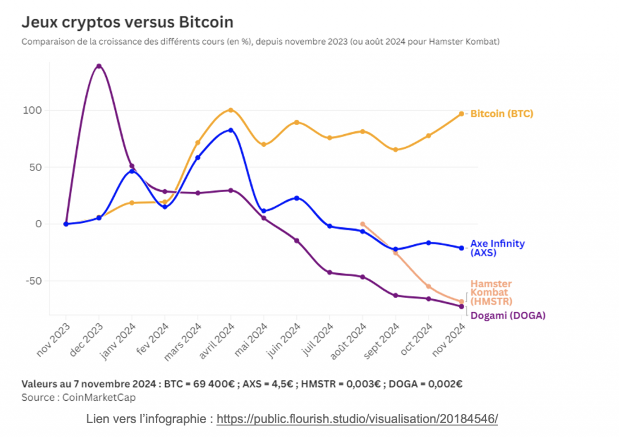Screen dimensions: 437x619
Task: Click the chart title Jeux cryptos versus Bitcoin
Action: click(x=127, y=22)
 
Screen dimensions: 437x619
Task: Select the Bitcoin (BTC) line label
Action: click(x=502, y=114)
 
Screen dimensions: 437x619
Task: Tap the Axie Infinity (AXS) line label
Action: click(x=497, y=248)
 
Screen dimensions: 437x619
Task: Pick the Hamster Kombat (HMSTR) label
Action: click(x=491, y=293)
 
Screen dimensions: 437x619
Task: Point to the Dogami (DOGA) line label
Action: click(x=508, y=315)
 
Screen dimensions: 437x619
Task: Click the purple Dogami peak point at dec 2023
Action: click(x=99, y=66)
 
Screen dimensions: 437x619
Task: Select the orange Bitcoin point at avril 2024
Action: click(x=230, y=110)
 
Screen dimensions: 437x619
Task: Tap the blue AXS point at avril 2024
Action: click(x=230, y=130)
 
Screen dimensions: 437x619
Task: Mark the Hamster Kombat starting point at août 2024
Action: click(x=362, y=224)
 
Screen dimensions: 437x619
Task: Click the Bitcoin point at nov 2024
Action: click(x=461, y=114)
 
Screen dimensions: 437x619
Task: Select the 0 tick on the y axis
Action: click(x=37, y=224)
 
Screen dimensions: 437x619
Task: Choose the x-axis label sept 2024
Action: click(x=381, y=342)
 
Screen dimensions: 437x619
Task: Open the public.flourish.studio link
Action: click(x=357, y=419)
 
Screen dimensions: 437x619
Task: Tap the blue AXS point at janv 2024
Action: click(x=132, y=171)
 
